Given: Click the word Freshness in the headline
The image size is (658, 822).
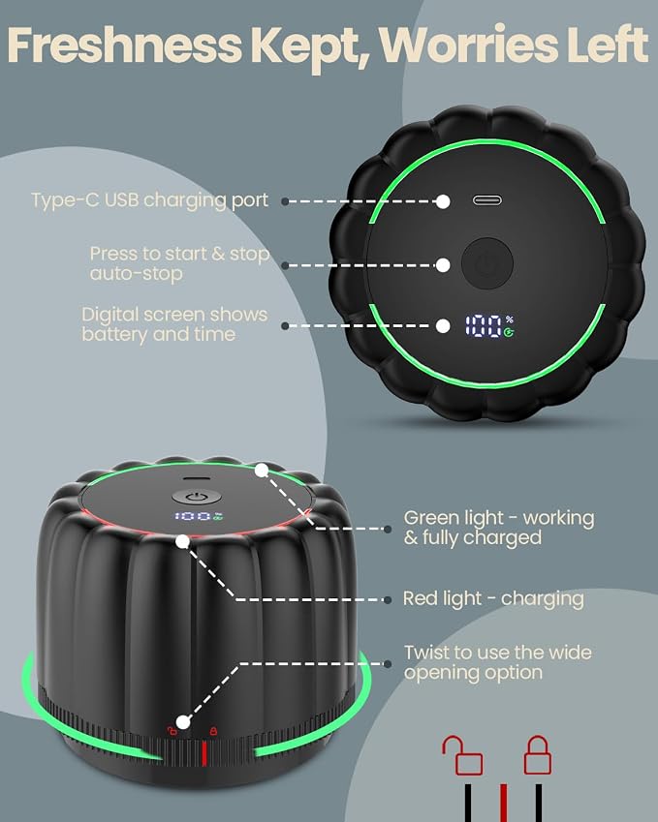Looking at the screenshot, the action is pyautogui.click(x=124, y=45).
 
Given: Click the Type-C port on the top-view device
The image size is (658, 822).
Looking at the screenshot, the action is pyautogui.click(x=486, y=200).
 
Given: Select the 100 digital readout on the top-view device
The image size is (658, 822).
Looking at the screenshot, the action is pyautogui.click(x=484, y=326).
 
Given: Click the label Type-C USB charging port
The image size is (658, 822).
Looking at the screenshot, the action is pyautogui.click(x=149, y=200).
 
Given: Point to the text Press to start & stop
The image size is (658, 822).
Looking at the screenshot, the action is pyautogui.click(x=179, y=254).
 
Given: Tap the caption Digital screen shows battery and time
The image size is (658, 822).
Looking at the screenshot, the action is pyautogui.click(x=174, y=324).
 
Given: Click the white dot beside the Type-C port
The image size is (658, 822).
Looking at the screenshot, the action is pyautogui.click(x=443, y=201).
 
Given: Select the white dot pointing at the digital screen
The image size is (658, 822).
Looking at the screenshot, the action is pyautogui.click(x=443, y=326).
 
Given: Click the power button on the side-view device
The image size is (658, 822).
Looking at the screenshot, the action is pyautogui.click(x=194, y=497).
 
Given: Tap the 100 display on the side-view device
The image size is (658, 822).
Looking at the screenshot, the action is pyautogui.click(x=193, y=516).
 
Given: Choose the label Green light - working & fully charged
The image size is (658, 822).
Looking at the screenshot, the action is pyautogui.click(x=499, y=528).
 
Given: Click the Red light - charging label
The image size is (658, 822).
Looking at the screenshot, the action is pyautogui.click(x=493, y=598).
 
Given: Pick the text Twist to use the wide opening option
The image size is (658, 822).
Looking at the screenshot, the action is pyautogui.click(x=497, y=662).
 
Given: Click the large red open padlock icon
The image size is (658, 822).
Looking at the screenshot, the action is pyautogui.click(x=461, y=755).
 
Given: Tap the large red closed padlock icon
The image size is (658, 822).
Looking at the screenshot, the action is pyautogui.click(x=537, y=755).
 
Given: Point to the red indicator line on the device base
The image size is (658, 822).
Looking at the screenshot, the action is pyautogui.click(x=204, y=753).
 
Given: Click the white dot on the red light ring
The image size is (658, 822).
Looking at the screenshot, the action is pyautogui.click(x=182, y=541).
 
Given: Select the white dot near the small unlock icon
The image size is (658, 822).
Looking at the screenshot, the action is pyautogui.click(x=182, y=722).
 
